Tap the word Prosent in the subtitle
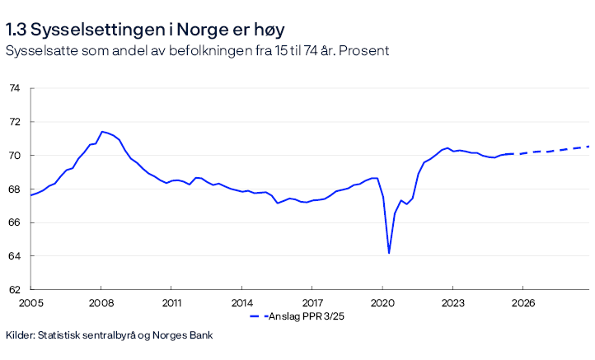click(x=363, y=50)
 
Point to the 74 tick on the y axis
click(x=14, y=88)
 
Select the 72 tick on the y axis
click(x=14, y=122)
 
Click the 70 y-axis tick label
click(x=14, y=156)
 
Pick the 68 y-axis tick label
click(x=14, y=189)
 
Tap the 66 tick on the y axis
click(x=14, y=223)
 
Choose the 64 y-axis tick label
click(x=14, y=256)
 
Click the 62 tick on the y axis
click(x=14, y=290)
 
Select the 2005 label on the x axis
click(x=30, y=303)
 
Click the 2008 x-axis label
click(x=101, y=303)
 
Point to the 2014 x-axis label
click(x=241, y=303)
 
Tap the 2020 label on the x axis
click(x=382, y=303)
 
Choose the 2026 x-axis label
click(x=523, y=303)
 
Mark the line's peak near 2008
click(x=101, y=132)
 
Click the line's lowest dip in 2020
click(x=389, y=252)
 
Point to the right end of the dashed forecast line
click(x=588, y=147)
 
